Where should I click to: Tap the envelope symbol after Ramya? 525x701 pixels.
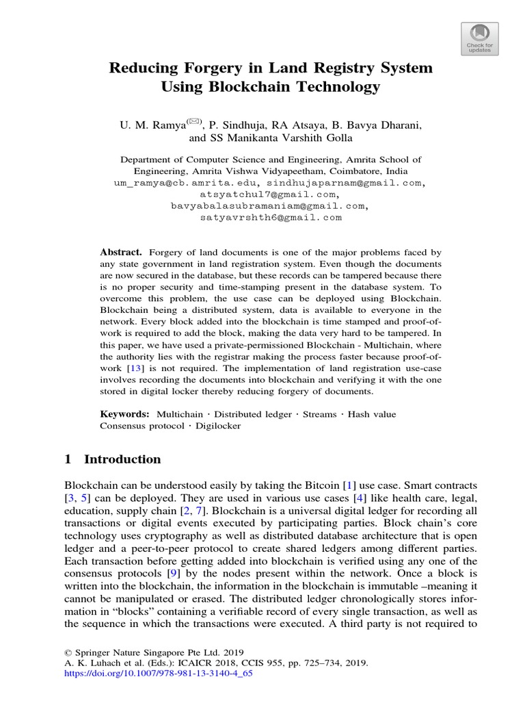point(193,122)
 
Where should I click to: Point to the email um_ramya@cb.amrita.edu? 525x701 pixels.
point(184,183)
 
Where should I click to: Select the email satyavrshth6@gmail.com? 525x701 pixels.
point(270,218)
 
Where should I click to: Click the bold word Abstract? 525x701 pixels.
point(121,252)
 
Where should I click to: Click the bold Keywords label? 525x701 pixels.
point(124,413)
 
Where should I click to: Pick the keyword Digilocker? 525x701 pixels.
point(217,425)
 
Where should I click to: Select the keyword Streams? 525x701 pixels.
point(321,413)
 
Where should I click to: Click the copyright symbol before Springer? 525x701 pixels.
point(68,652)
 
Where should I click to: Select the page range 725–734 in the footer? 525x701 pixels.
point(306,663)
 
